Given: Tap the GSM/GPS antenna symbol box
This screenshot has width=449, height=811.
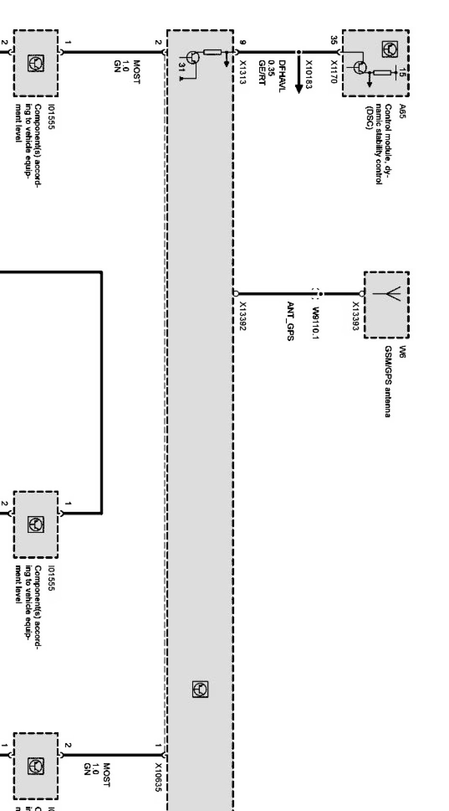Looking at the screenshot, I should coord(386,304).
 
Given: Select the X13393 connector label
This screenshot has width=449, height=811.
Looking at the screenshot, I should coord(355,313).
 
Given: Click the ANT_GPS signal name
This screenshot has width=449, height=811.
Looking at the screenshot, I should coord(290,321).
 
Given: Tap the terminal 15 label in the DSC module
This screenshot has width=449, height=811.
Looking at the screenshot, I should coord(402,72).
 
